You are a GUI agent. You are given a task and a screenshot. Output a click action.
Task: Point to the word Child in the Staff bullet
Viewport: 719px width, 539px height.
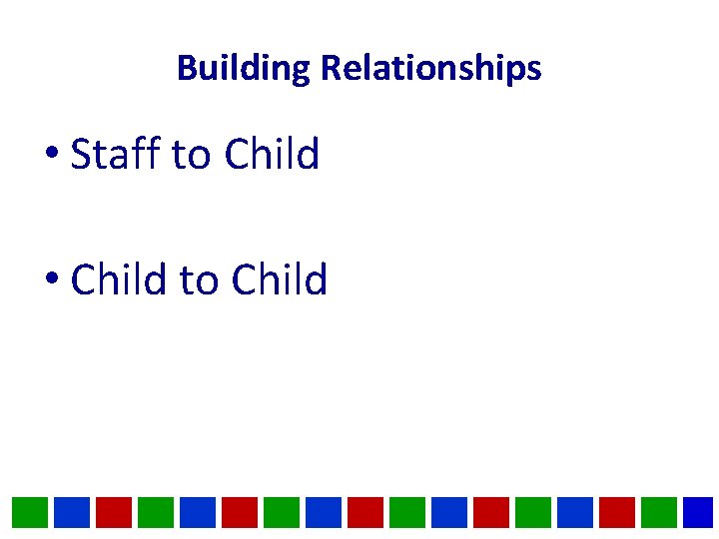272,155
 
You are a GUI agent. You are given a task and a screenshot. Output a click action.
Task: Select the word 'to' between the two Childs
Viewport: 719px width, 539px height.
199,280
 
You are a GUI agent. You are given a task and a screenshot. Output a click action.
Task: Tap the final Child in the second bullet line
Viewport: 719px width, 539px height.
279,279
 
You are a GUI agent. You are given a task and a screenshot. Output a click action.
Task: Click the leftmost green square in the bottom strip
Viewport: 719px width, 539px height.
30,512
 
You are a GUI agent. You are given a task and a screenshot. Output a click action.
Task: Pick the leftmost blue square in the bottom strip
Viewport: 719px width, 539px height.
72,512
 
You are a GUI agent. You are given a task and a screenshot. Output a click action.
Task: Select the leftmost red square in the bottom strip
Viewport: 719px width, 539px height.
114,512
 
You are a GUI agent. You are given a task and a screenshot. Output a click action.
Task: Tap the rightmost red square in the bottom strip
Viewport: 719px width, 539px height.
617,512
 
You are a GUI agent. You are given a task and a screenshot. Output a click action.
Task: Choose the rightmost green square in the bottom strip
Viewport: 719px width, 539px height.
659,512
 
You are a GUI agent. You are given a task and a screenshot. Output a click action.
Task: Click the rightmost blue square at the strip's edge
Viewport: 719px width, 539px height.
700,512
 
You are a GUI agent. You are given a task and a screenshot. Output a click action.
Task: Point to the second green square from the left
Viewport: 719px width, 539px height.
156,512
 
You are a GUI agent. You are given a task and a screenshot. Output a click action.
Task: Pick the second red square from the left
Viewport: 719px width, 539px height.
240,512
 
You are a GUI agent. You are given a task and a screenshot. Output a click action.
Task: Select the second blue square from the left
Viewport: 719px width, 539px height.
198,512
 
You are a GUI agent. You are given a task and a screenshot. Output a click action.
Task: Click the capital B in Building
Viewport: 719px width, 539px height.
185,69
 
